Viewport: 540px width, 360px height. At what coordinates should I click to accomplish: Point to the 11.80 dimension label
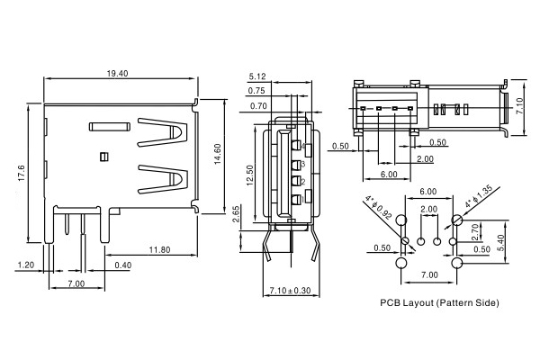pyautogui.click(x=161, y=249)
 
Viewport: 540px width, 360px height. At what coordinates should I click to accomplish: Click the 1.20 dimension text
pyautogui.click(x=25, y=265)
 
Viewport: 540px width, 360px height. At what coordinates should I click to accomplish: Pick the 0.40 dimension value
pyautogui.click(x=121, y=265)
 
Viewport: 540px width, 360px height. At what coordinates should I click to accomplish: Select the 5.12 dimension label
pyautogui.click(x=256, y=76)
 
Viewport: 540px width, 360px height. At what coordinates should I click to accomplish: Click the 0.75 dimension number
pyautogui.click(x=256, y=91)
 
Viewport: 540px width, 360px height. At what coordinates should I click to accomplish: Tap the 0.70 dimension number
pyautogui.click(x=256, y=106)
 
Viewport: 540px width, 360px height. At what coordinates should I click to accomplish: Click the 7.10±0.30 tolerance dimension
pyautogui.click(x=291, y=290)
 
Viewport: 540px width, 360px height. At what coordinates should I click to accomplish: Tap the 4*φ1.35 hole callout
pyautogui.click(x=477, y=196)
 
